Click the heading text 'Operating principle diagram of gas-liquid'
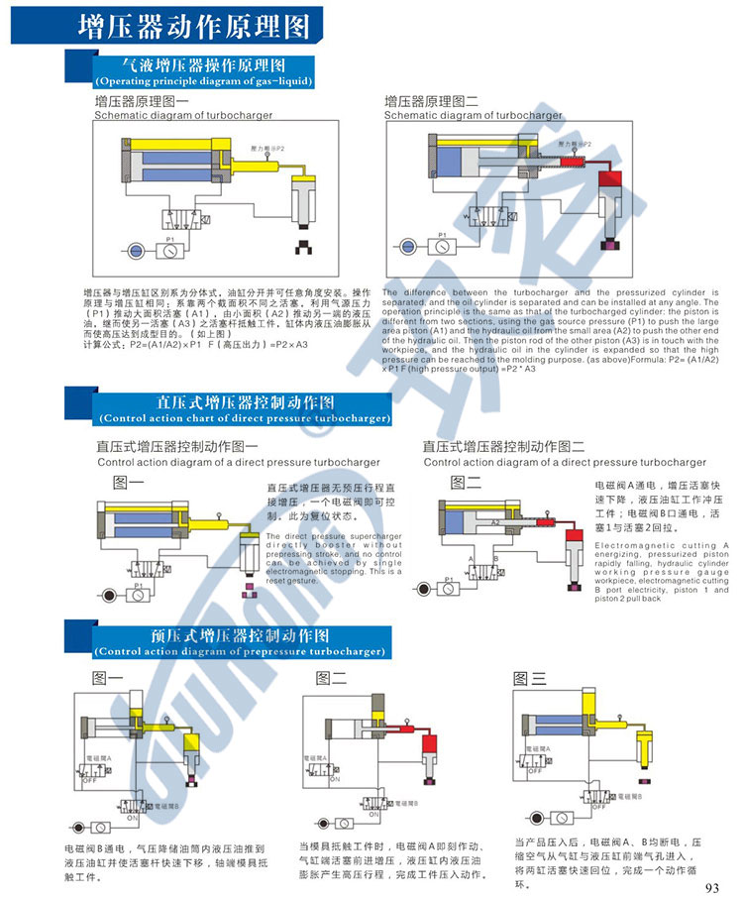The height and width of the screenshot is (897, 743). click(202, 81)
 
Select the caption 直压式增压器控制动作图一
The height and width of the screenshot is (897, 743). click(176, 446)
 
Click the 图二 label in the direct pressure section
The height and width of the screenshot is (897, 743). click(465, 483)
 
